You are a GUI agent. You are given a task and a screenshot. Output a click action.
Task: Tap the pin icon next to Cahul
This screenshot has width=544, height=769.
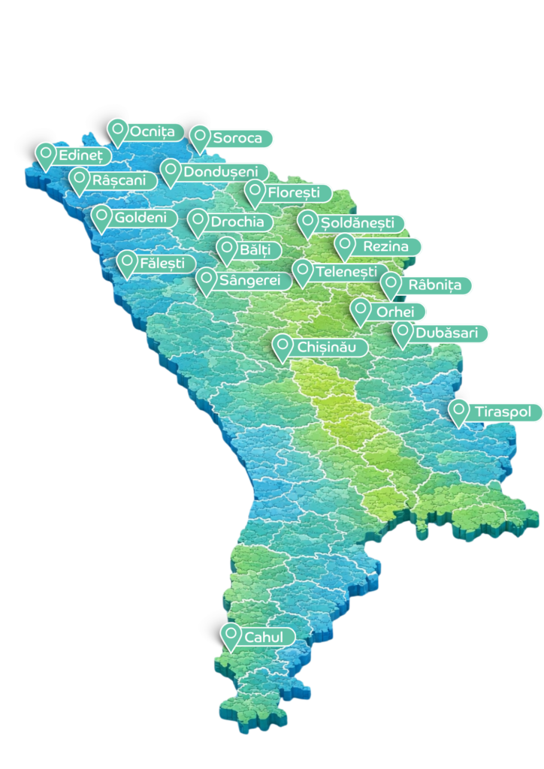(230, 635)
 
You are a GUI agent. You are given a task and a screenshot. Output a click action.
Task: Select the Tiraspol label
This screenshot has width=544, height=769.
(502, 412)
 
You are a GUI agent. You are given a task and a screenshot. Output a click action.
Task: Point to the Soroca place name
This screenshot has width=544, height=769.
(237, 138)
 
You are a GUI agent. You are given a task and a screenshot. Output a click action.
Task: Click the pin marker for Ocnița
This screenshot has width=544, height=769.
(116, 131)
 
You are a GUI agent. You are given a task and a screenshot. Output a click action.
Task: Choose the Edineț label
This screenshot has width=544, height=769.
(80, 155)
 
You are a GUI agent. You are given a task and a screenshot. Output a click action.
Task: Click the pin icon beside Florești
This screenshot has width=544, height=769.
(255, 192)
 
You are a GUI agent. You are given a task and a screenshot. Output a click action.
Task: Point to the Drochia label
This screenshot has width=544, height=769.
(237, 222)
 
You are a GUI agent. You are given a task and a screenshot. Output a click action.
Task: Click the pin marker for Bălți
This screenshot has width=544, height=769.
(226, 249)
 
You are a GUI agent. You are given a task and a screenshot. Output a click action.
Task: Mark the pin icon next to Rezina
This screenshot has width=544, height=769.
(344, 245)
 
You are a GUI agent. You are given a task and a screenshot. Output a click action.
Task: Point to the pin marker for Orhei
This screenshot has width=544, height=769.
(361, 309)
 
